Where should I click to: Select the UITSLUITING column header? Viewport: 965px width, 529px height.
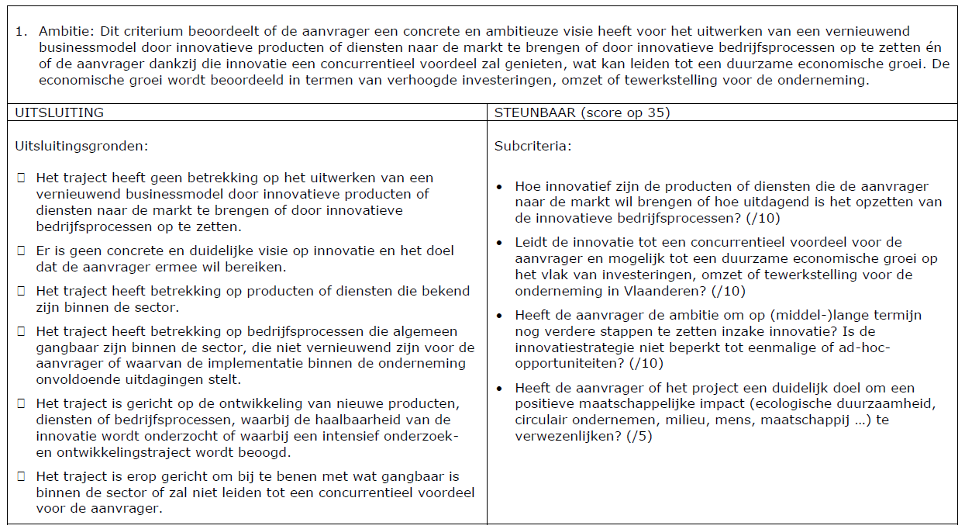coord(60,112)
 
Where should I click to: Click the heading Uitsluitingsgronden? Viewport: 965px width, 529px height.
coord(81,145)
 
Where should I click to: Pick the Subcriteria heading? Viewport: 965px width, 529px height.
coord(532,145)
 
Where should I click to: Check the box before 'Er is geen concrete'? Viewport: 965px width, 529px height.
coord(21,251)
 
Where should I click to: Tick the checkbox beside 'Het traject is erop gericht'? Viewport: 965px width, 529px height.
coord(21,476)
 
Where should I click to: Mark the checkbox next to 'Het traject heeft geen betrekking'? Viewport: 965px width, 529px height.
coord(21,178)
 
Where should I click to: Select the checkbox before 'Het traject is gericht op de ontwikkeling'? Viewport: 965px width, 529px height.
coord(21,404)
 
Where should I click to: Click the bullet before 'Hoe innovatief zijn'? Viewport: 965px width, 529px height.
coord(500,187)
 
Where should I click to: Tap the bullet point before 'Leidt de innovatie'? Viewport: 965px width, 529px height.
coord(500,243)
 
